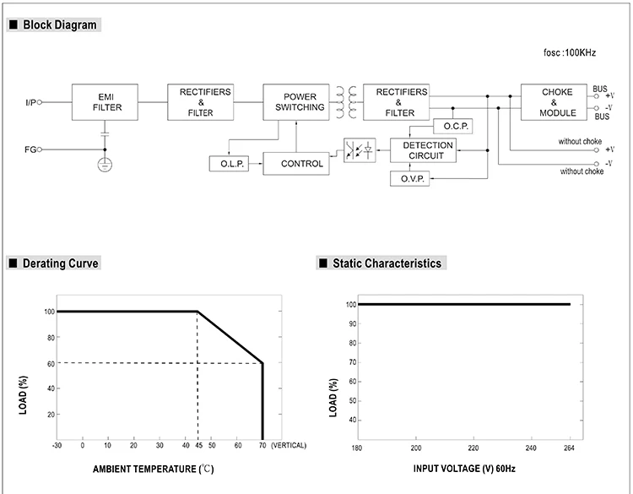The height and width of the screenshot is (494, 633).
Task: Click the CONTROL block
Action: pos(301,163)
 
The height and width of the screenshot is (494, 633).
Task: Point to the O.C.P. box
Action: pos(452,126)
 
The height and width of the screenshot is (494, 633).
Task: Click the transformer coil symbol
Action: pos(344,101)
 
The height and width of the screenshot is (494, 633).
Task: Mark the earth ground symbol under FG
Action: pos(105,163)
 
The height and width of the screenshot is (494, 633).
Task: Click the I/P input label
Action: pos(30,102)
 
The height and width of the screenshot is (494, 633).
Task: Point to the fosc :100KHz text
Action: pos(570,52)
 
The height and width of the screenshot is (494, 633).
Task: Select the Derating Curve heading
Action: pos(60,263)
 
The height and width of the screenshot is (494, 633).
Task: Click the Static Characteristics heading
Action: pos(387,263)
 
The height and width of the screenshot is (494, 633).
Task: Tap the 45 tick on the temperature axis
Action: pos(197,444)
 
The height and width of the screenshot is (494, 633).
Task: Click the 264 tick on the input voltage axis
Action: pos(570,447)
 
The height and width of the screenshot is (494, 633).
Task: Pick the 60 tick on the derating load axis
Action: pos(51,363)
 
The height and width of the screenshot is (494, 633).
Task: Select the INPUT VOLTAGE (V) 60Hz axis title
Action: pos(463,467)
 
